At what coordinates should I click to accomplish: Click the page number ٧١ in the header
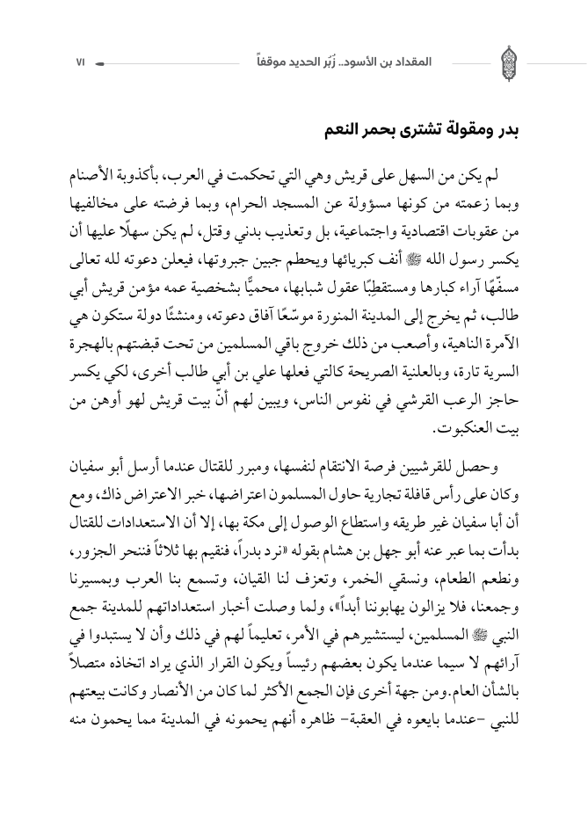[x=81, y=64]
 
